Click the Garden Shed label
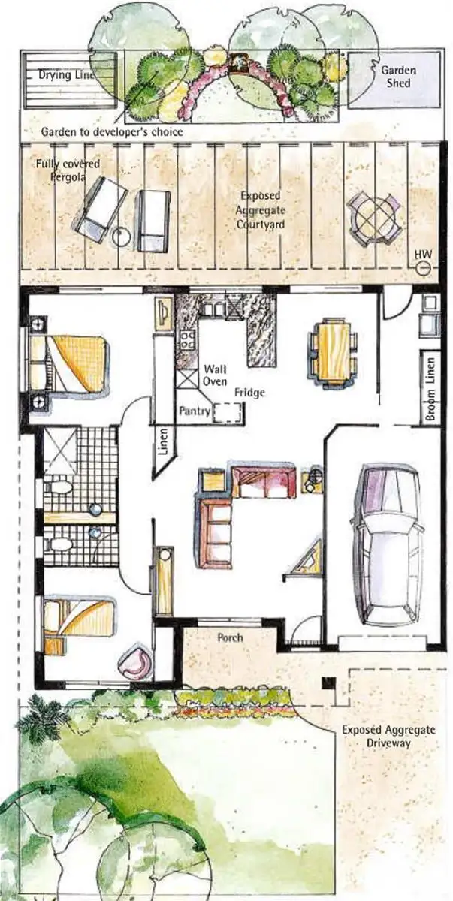[x=397, y=76]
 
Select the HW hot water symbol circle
[x=423, y=267]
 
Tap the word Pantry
[x=195, y=411]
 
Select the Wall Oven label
[x=216, y=375]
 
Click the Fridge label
[x=248, y=393]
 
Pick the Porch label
[x=229, y=638]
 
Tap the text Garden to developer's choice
[x=112, y=131]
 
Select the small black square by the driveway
[x=327, y=683]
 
